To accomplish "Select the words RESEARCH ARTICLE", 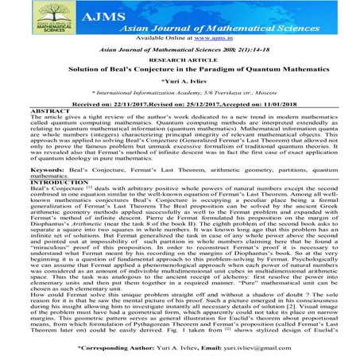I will coord(179,59).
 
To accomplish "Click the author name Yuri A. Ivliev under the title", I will coord(182,83).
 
